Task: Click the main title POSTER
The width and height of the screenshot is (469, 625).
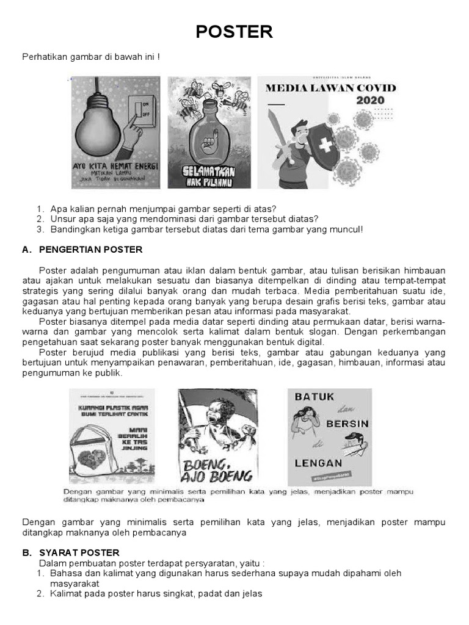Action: pos(234,32)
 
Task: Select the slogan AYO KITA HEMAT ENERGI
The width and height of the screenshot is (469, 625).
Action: pos(115,166)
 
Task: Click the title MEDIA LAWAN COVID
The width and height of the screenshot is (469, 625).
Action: pos(330,87)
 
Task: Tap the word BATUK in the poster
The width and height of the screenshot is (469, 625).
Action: pos(314,396)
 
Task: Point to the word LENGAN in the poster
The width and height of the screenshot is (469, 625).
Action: pos(318,463)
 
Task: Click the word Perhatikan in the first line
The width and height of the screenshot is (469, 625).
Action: pos(45,57)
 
